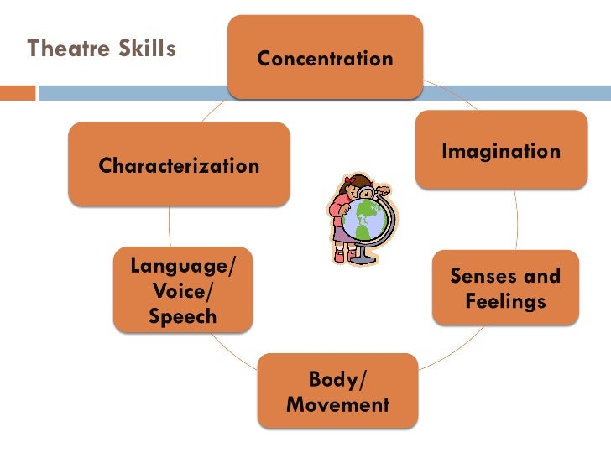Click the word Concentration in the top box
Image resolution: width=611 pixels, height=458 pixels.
coord(325,59)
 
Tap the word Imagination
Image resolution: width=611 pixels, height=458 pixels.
coord(500,152)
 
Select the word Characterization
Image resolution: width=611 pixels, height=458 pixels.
coord(179,166)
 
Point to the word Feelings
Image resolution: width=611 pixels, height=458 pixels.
coord(505,300)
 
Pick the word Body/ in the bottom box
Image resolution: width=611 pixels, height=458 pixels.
coord(337,380)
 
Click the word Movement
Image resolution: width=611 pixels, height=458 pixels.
coord(337,405)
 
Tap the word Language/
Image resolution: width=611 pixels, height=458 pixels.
coord(184,267)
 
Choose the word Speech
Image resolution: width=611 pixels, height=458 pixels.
coord(183,317)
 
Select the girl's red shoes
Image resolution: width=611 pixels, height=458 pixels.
coord(340,257)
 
